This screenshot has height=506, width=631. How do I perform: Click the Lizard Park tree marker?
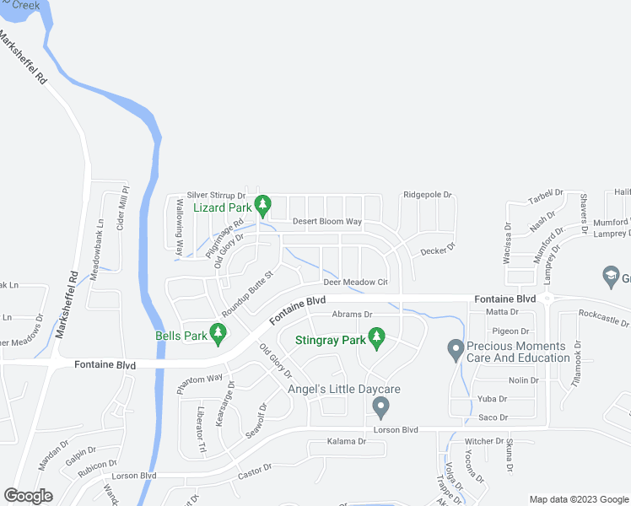[263, 204]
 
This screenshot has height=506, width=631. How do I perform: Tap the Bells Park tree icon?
[218, 336]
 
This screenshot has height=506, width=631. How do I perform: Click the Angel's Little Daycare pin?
[380, 407]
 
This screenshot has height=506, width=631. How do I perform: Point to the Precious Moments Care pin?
[456, 348]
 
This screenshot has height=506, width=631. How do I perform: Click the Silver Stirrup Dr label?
[216, 195]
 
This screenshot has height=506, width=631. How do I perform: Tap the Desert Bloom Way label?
[327, 222]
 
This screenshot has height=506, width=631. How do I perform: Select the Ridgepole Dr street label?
[428, 195]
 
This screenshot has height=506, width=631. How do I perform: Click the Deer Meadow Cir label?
[354, 283]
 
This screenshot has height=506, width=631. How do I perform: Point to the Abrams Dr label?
[352, 314]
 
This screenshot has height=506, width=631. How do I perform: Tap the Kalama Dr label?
[347, 442]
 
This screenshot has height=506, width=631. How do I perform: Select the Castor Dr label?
[256, 467]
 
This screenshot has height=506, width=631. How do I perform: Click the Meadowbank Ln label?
[97, 245]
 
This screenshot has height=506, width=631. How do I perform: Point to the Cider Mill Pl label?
[121, 210]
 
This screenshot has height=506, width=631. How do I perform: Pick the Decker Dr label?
[438, 249]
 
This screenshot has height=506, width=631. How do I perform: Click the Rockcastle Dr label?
[604, 321]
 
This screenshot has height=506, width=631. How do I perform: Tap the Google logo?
[29, 496]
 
